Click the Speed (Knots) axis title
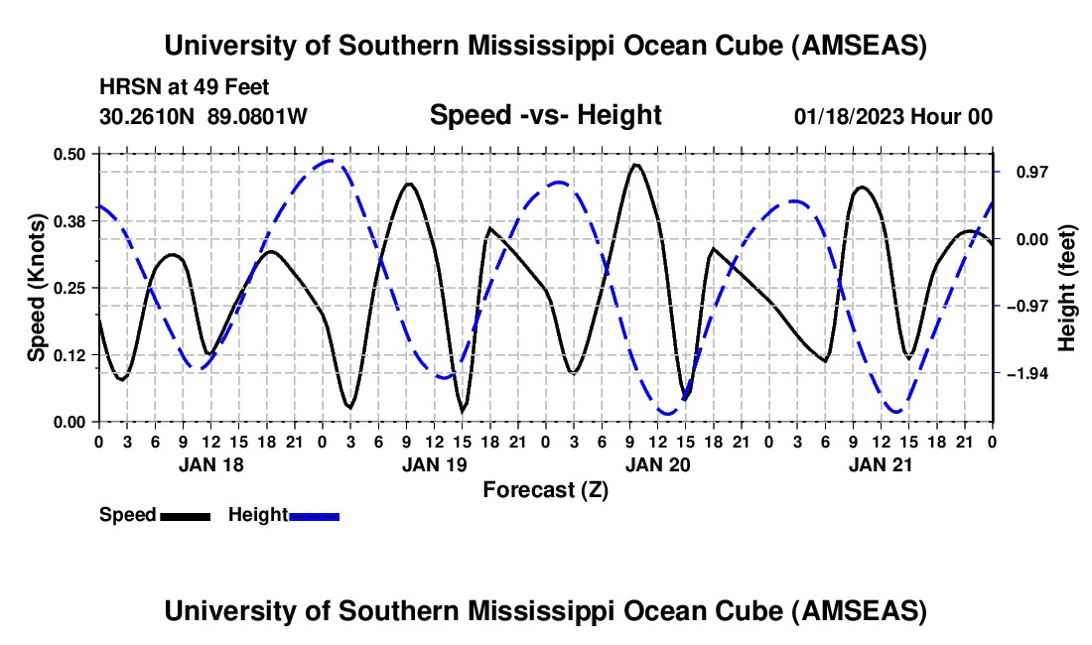[x=36, y=287]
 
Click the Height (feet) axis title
[x=1066, y=287]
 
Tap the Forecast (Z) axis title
[x=545, y=489]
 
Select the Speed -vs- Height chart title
[x=545, y=115]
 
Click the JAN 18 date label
[x=210, y=464]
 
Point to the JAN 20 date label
[x=657, y=464]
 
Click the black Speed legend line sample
[x=185, y=516]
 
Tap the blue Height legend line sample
[x=315, y=516]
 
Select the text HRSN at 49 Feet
[x=185, y=87]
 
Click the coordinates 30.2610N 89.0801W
[x=204, y=116]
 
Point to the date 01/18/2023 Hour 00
[x=893, y=116]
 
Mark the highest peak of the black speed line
[x=635, y=165]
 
